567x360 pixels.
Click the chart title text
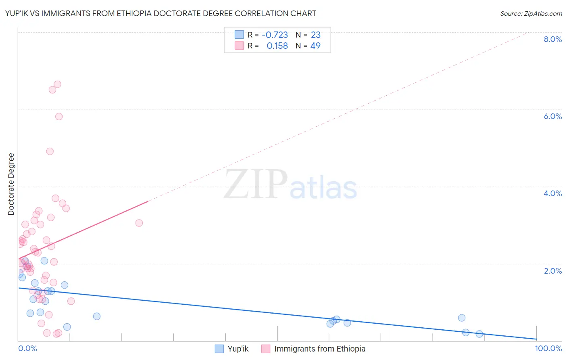pyautogui.click(x=161, y=13)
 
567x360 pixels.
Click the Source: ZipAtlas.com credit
pyautogui.click(x=531, y=13)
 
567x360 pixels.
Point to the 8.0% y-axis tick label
pyautogui.click(x=552, y=39)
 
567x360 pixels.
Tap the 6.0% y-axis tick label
pyautogui.click(x=552, y=116)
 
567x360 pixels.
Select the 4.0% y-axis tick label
pyautogui.click(x=552, y=193)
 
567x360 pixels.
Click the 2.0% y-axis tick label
pyautogui.click(x=552, y=271)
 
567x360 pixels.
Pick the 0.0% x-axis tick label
pyautogui.click(x=27, y=348)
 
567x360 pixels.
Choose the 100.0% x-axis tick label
pyautogui.click(x=548, y=348)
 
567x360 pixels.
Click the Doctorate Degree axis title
pyautogui.click(x=11, y=184)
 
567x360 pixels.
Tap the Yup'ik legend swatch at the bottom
pyautogui.click(x=219, y=349)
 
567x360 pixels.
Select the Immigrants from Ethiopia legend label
pyautogui.click(x=320, y=349)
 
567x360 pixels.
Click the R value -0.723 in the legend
pyautogui.click(x=275, y=35)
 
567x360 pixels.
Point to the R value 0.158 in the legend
pyautogui.click(x=277, y=46)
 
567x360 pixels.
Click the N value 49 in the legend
pyautogui.click(x=315, y=46)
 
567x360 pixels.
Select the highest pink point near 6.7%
pyautogui.click(x=57, y=84)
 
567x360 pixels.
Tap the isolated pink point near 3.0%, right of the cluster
pyautogui.click(x=139, y=223)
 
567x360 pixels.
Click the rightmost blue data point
pyautogui.click(x=479, y=334)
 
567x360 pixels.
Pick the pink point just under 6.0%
pyautogui.click(x=59, y=117)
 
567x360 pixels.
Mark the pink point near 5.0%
pyautogui.click(x=50, y=151)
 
